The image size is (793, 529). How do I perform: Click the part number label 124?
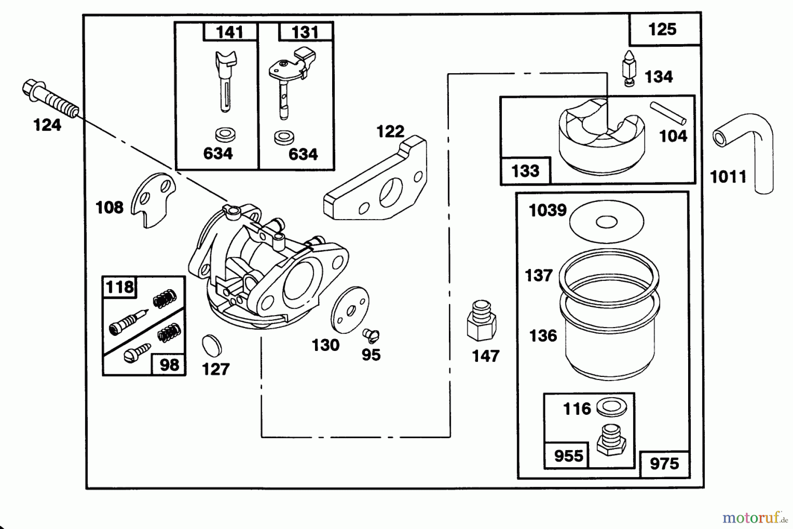click(x=47, y=126)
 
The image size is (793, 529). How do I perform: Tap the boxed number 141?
click(x=230, y=32)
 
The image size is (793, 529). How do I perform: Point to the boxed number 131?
click(x=305, y=32)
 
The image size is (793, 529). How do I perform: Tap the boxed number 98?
click(x=169, y=365)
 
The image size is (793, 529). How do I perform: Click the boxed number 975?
click(x=664, y=464)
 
